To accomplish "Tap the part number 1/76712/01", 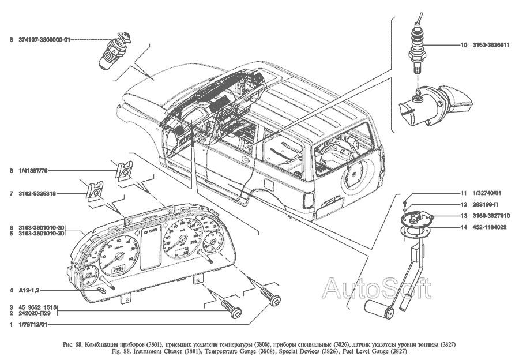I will (x=31, y=325).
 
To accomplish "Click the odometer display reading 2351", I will (x=119, y=267).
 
